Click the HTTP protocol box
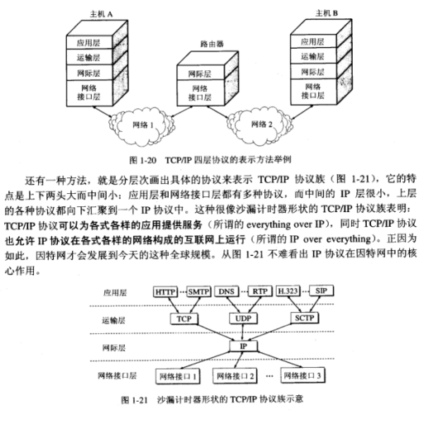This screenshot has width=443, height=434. pyautogui.click(x=165, y=291)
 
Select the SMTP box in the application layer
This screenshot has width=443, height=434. pyautogui.click(x=198, y=291)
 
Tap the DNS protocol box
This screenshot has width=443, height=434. pyautogui.click(x=226, y=291)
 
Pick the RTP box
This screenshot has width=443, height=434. pyautogui.click(x=260, y=291)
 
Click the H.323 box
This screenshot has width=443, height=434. pyautogui.click(x=288, y=290)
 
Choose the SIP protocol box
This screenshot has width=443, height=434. pyautogui.click(x=322, y=290)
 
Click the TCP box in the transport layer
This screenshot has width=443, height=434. pyautogui.click(x=184, y=319)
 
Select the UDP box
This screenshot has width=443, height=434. pyautogui.click(x=243, y=318)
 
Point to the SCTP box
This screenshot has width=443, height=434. pyautogui.click(x=304, y=318)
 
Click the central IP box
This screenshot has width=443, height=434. pyautogui.click(x=243, y=346)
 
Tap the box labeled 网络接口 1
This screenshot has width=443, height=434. pyautogui.click(x=178, y=376)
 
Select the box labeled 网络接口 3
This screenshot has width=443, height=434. pyautogui.click(x=302, y=375)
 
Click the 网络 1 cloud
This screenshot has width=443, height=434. pyautogui.click(x=141, y=125)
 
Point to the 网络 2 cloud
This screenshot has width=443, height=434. pyautogui.click(x=260, y=125)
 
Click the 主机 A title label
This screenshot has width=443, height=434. pyautogui.click(x=101, y=14)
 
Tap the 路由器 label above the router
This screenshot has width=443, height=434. pyautogui.click(x=212, y=44)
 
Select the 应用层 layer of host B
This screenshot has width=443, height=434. pyautogui.click(x=313, y=41)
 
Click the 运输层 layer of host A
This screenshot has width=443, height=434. pyautogui.click(x=89, y=57)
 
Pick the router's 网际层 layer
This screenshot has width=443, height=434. pyautogui.click(x=200, y=73)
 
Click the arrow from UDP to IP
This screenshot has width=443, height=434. pyautogui.click(x=243, y=333)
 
